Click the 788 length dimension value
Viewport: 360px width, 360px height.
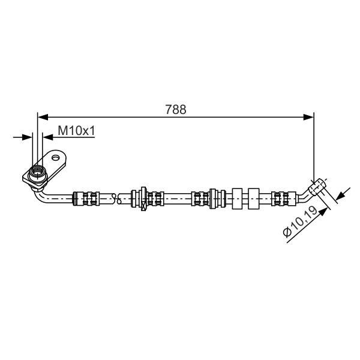click(176, 110)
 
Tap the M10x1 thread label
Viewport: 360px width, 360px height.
click(76, 131)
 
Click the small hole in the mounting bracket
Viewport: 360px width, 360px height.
click(56, 158)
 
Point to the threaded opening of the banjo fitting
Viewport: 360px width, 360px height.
click(38, 172)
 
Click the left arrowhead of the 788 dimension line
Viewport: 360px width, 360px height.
click(43, 117)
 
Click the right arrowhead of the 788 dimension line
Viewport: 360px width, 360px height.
click(308, 117)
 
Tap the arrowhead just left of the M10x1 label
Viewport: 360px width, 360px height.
click(48, 137)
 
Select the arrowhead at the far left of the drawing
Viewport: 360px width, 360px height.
click(27, 137)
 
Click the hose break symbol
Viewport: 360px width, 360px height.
click(116, 199)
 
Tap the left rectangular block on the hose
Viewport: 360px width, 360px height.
click(237, 199)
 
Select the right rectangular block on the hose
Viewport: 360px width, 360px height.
click(254, 199)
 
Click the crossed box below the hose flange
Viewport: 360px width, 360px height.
click(143, 206)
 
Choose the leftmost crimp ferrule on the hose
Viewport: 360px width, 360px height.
click(86, 199)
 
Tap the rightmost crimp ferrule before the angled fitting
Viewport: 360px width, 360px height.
click(284, 199)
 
